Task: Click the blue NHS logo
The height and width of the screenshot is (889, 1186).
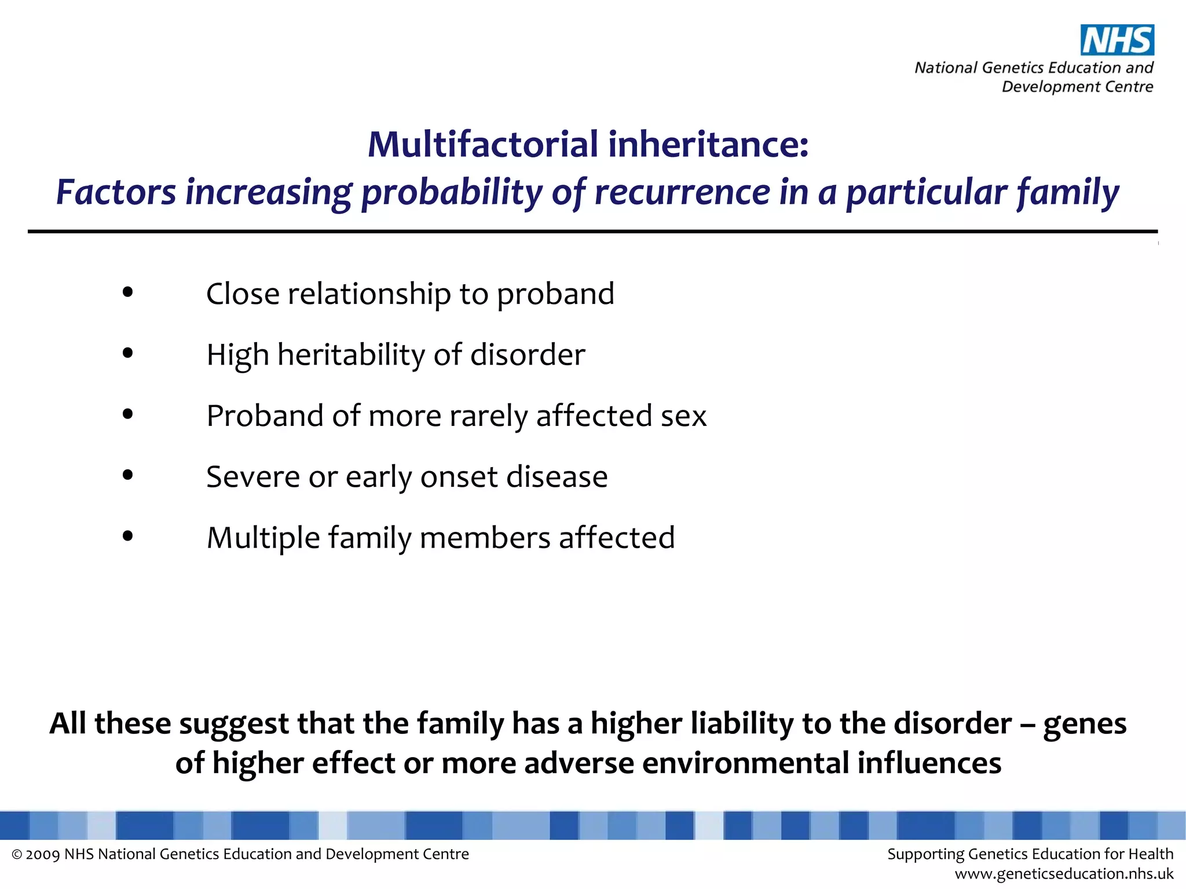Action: point(1117,41)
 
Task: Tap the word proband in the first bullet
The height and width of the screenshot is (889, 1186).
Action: point(555,294)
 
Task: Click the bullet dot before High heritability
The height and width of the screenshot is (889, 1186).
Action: point(128,353)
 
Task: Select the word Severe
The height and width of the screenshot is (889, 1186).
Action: point(252,477)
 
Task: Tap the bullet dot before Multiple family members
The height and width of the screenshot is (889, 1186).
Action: point(128,537)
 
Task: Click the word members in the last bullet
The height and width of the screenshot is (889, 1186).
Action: point(485,538)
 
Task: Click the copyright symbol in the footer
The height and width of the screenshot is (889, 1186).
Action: point(17,855)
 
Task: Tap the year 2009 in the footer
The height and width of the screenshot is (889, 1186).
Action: point(43,855)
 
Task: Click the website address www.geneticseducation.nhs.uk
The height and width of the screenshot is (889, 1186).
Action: point(1064,874)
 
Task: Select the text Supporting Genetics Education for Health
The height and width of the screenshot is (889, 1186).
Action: point(1030,854)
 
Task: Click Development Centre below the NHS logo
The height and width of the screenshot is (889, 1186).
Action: point(1077,87)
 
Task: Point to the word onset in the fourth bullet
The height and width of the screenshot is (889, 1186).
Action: point(459,477)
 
